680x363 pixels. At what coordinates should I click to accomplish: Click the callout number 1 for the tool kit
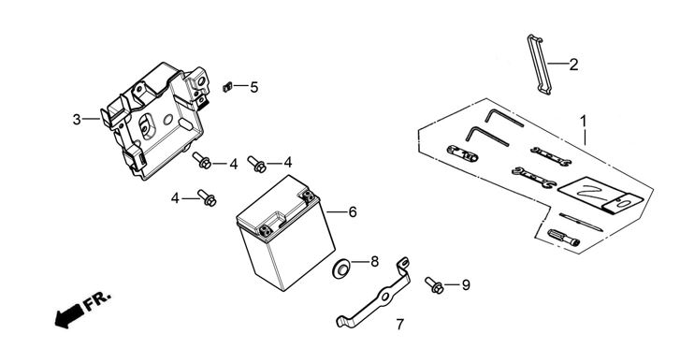point(584,122)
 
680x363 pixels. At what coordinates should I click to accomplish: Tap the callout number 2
point(573,65)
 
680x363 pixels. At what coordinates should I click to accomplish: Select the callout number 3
point(77,119)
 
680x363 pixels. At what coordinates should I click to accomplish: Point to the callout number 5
point(253,87)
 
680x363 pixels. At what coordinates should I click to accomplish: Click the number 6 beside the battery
point(353,212)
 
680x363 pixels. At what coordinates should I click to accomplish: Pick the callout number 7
point(399,324)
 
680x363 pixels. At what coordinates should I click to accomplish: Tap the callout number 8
point(374,262)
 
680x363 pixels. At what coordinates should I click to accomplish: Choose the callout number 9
point(466,285)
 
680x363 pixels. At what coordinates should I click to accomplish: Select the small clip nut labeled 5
point(226,87)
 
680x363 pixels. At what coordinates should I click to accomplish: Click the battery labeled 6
point(285,233)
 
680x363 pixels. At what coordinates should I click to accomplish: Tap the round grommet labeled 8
point(341,269)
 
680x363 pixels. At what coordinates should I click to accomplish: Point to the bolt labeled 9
point(434,285)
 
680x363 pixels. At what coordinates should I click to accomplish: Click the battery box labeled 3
point(156,121)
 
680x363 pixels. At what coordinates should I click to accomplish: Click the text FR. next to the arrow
point(97,300)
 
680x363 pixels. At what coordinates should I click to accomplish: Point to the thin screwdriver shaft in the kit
point(580,222)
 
